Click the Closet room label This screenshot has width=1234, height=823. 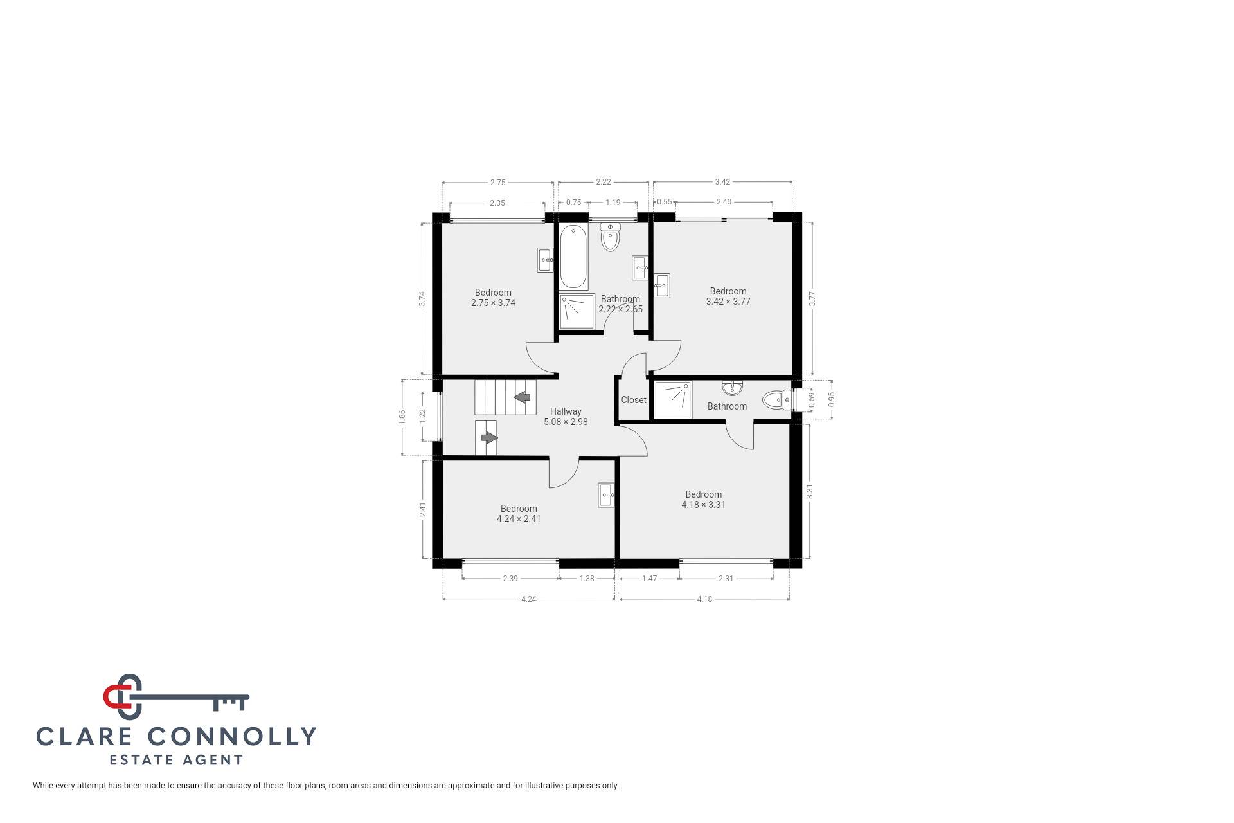[633, 400]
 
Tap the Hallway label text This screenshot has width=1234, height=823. [566, 411]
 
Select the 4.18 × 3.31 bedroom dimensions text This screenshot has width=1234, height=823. [703, 505]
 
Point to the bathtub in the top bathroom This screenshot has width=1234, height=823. [573, 257]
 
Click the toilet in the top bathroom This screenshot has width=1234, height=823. [610, 238]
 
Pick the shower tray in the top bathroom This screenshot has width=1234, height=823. [577, 311]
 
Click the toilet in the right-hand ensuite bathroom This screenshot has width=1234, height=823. [777, 401]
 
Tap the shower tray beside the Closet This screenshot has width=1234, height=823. [672, 399]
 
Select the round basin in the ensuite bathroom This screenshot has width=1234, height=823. [732, 388]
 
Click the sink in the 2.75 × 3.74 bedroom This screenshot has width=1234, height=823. [546, 260]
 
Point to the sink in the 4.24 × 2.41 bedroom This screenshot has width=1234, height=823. [606, 495]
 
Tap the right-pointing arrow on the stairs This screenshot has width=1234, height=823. [489, 438]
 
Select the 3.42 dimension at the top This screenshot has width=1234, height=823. [722, 182]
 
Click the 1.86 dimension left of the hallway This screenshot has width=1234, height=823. [402, 416]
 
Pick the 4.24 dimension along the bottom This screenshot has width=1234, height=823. [528, 599]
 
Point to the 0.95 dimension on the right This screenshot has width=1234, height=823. [832, 399]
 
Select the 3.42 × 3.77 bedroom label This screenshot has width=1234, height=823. [728, 296]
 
